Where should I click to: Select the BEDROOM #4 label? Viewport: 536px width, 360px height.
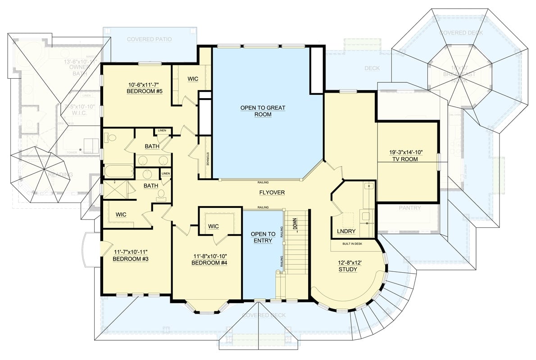pos(209,263)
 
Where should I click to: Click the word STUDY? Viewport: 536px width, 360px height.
pos(348,270)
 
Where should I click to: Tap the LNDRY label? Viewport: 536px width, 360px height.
pos(346,231)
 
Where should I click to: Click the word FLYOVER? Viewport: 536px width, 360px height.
pos(272,193)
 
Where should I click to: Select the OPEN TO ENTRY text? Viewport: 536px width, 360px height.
pos(263,237)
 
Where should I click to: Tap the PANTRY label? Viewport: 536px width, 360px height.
pos(409,208)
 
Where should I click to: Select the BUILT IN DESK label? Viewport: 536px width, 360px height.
pos(353,243)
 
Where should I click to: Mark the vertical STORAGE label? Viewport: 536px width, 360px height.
pos(208,159)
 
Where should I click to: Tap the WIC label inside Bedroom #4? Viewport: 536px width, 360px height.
pos(213,226)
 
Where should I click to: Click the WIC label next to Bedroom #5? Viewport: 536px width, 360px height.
pos(193,79)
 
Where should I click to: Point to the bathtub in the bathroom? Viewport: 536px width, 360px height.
pos(118,171)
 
